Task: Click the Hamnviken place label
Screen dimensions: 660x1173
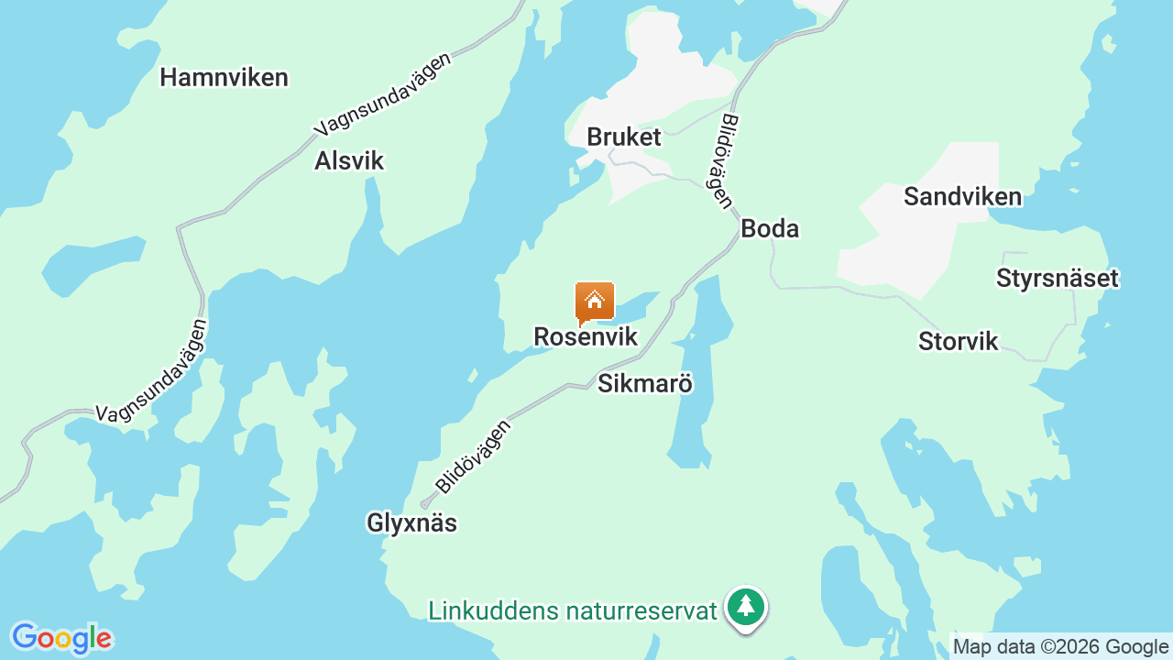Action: click(224, 78)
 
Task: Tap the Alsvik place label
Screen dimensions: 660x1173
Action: click(349, 161)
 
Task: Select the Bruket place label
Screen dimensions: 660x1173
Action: click(623, 137)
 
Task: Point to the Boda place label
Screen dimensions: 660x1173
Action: click(770, 229)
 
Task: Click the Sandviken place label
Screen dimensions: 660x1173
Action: click(962, 197)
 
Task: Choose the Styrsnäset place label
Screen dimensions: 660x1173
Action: click(1058, 279)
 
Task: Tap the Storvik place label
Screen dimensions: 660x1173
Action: click(958, 342)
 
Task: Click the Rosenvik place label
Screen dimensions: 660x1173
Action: click(586, 337)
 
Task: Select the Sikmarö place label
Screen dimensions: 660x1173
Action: click(645, 384)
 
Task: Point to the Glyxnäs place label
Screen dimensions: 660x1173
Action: click(411, 523)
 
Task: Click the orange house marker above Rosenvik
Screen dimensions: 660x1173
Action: click(594, 302)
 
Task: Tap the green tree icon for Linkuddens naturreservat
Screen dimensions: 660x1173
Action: click(747, 607)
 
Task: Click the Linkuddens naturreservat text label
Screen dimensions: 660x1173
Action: click(572, 610)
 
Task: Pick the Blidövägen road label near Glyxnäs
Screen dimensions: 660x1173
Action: click(473, 456)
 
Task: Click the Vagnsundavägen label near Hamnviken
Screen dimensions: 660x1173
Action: click(383, 94)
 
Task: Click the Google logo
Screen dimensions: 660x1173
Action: click(61, 638)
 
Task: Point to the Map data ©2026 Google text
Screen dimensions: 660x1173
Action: click(1060, 647)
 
